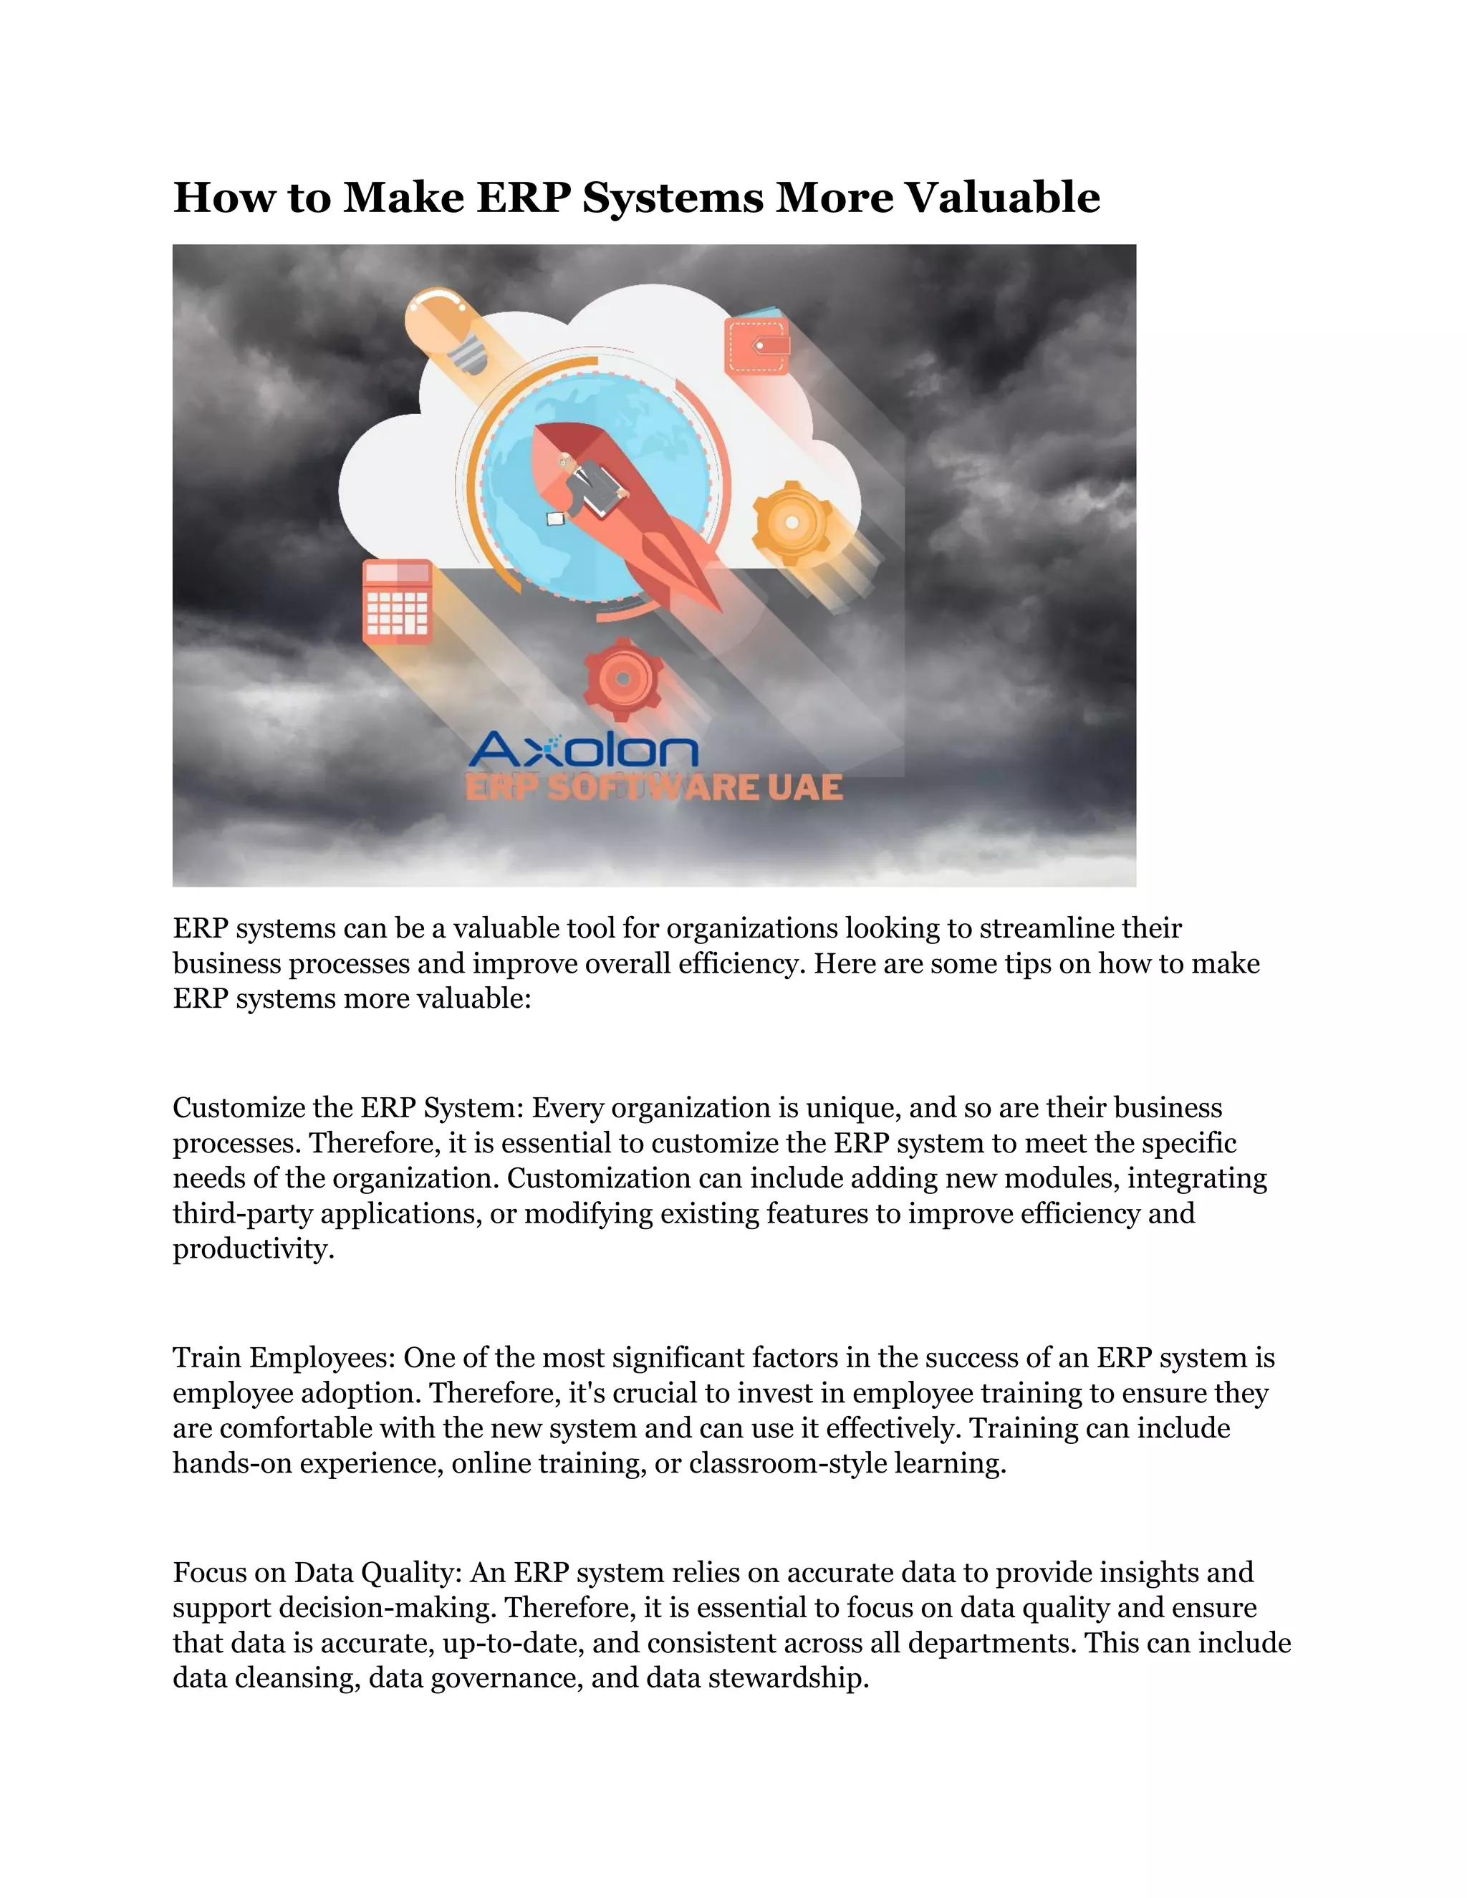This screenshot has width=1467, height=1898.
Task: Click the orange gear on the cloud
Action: pos(791,521)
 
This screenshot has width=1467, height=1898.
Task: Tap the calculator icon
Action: pos(397,602)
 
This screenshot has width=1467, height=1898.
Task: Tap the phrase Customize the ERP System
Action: pos(347,1108)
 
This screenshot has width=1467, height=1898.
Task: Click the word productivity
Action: pos(252,1249)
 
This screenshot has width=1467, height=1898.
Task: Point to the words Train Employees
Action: pos(284,1357)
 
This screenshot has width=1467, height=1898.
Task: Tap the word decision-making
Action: pos(388,1608)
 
